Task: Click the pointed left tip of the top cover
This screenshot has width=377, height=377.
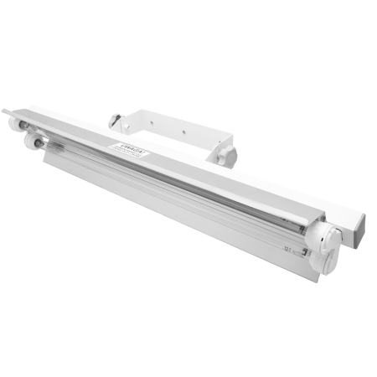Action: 7,111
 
